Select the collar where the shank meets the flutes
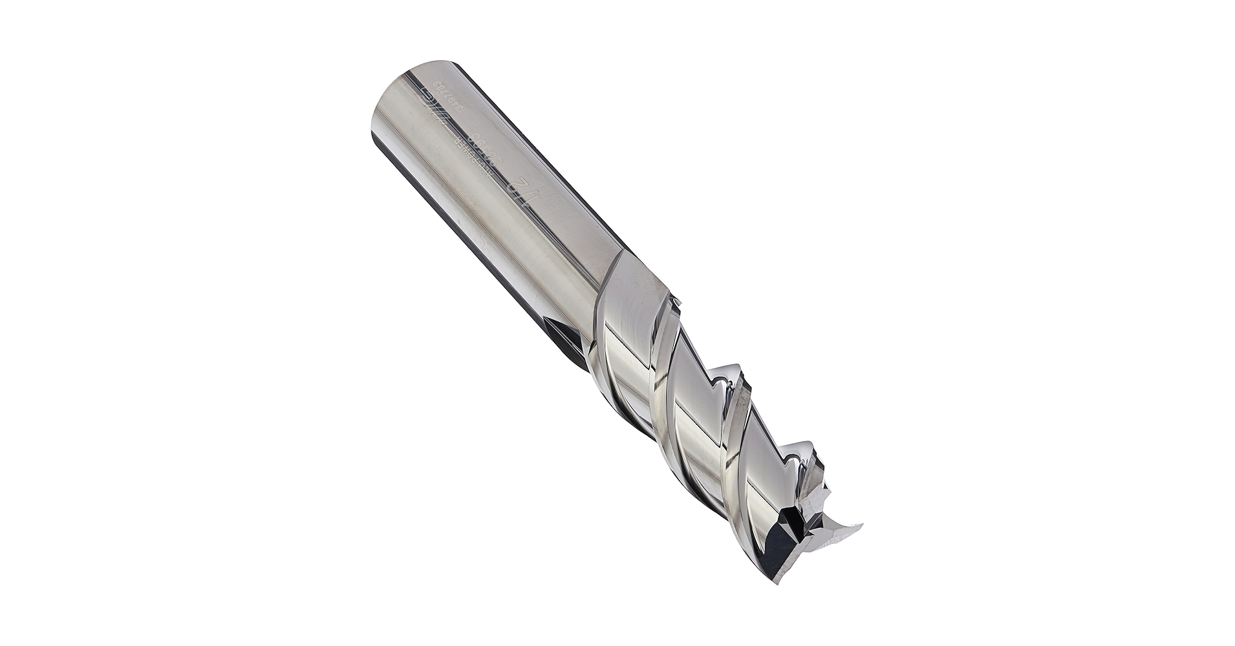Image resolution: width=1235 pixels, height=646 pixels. (637, 284)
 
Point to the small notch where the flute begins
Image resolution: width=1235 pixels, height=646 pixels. (676, 300)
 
